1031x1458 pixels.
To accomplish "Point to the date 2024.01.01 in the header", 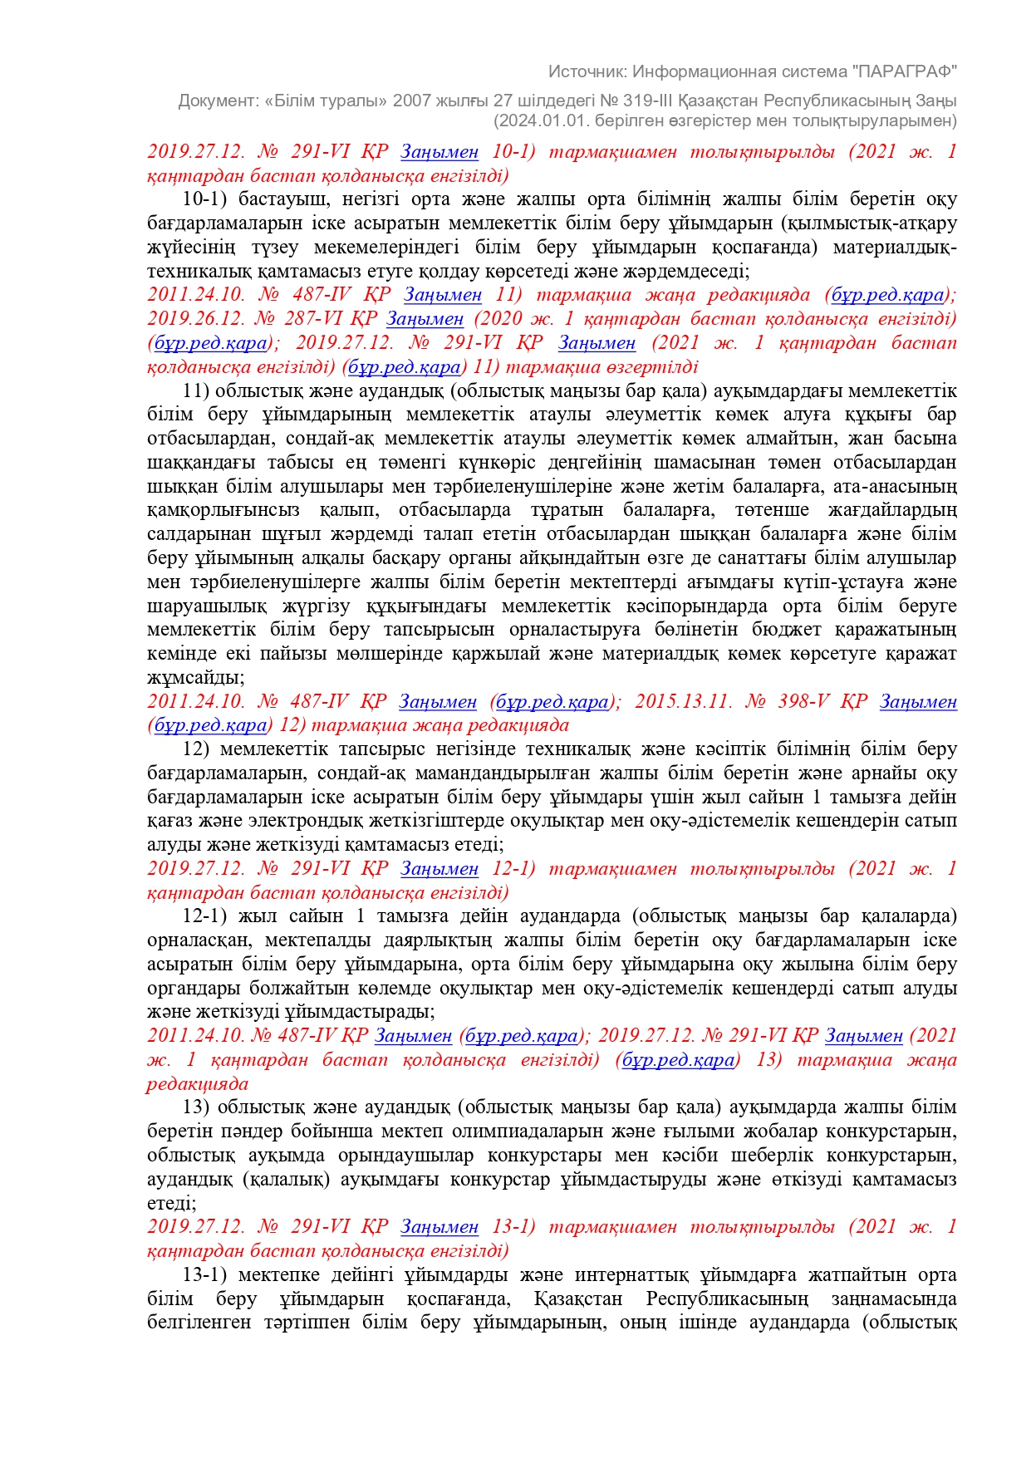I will [534, 120].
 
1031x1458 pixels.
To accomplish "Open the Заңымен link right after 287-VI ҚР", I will [425, 319].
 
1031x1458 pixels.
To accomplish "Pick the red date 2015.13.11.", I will [683, 702].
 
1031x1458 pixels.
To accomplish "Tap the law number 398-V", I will [803, 702].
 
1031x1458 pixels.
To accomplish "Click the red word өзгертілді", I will [651, 367].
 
